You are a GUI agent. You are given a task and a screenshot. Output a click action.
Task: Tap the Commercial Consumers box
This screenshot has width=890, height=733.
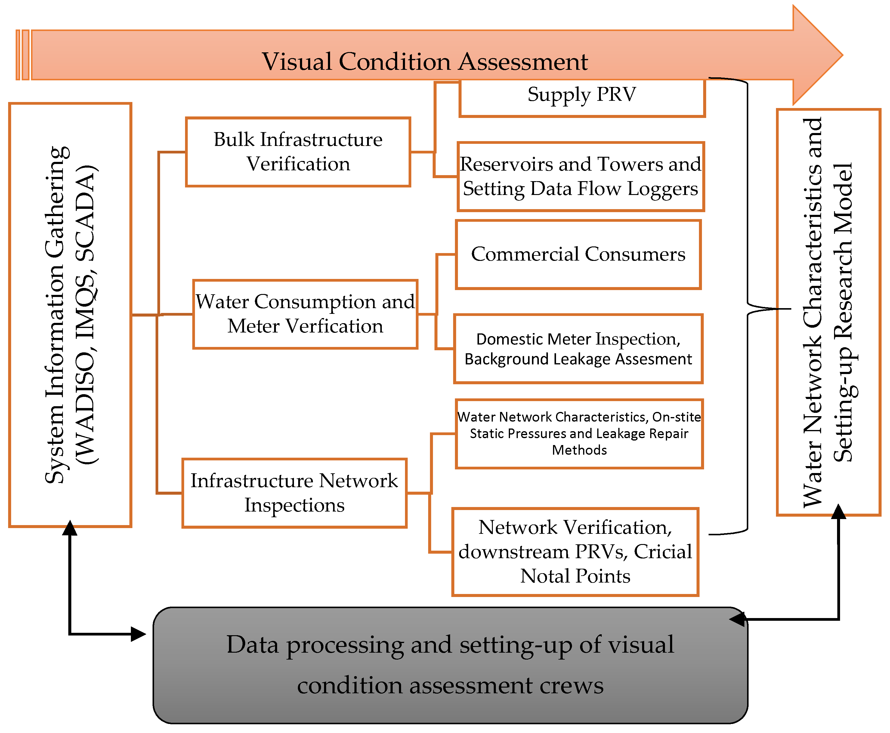click(x=578, y=254)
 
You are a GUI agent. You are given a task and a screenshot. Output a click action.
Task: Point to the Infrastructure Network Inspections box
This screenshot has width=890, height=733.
click(x=294, y=493)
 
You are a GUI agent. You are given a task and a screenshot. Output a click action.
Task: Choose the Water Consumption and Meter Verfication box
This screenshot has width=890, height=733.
click(x=305, y=314)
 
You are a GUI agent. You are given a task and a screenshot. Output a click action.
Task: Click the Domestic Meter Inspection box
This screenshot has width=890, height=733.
click(x=578, y=349)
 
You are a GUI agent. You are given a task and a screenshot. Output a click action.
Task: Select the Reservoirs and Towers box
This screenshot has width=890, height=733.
click(x=580, y=177)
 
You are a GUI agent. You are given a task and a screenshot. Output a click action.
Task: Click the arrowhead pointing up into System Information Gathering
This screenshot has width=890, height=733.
click(x=70, y=528)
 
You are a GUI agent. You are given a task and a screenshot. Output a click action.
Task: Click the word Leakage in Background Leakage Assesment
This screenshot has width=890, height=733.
click(x=583, y=359)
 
